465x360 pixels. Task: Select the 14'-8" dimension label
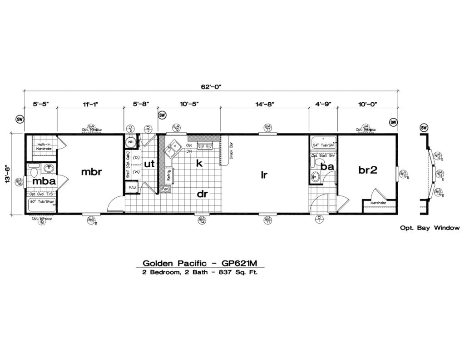coord(265,104)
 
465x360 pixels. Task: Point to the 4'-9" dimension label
coord(323,104)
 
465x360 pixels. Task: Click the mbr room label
coord(92,172)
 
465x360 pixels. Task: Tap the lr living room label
coord(264,174)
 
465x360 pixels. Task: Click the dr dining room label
coord(202,194)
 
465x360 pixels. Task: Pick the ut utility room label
coord(150,164)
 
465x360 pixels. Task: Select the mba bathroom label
coord(44,181)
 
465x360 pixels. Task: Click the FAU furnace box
coord(132,187)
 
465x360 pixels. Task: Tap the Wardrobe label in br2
coord(378,203)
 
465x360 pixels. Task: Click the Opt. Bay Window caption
coord(430,228)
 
